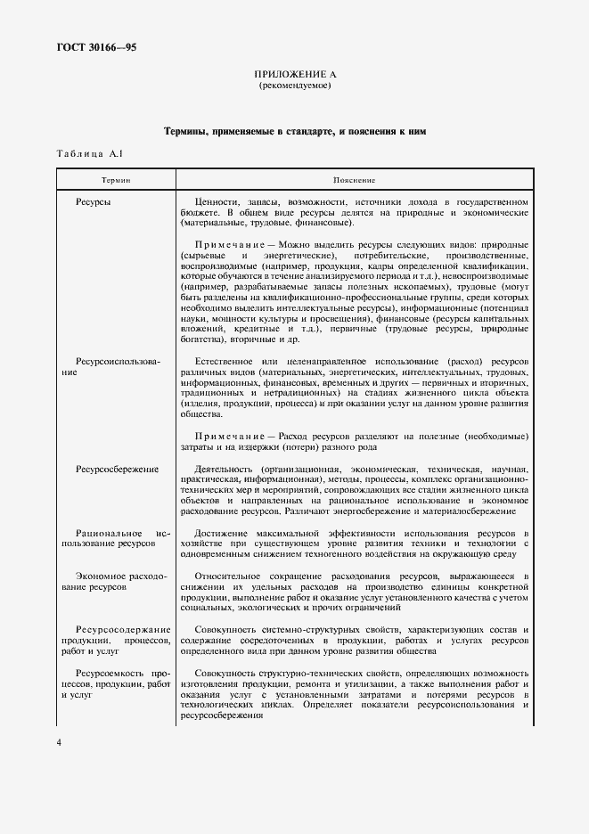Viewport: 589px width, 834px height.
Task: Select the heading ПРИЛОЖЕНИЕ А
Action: [x=294, y=76]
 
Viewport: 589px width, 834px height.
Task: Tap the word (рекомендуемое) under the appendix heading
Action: [x=294, y=86]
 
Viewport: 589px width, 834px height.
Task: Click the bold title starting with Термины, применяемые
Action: [x=294, y=131]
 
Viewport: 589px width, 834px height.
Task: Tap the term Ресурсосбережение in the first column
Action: [x=117, y=469]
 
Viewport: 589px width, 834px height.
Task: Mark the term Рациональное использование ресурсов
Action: [x=117, y=537]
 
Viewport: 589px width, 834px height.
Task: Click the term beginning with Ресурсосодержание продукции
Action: [x=117, y=640]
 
